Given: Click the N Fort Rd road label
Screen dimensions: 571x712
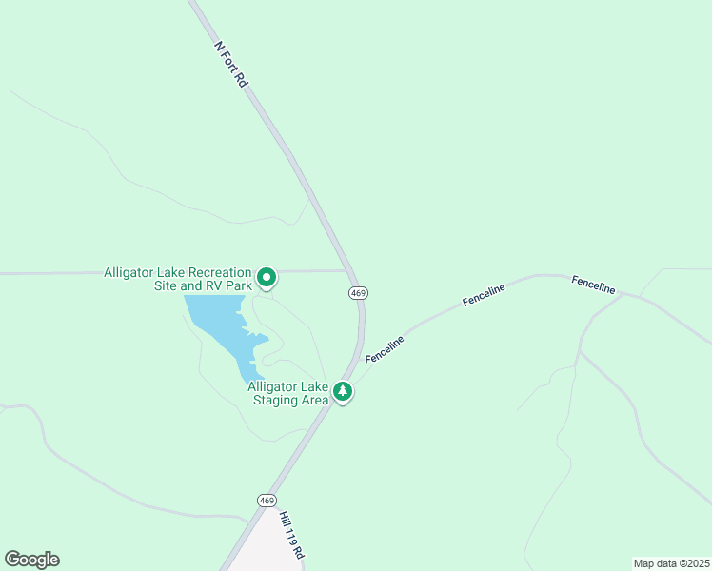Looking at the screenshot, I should point(231,65).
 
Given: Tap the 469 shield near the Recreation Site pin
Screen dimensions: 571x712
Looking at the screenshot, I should point(358,293).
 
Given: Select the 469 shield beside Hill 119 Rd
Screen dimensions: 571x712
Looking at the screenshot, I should point(267,501).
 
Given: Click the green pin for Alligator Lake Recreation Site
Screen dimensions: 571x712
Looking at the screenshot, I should point(267,278).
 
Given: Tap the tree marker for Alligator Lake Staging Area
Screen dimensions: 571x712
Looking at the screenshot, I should point(343,391).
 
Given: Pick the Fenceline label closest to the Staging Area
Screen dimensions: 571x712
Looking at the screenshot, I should point(385,348).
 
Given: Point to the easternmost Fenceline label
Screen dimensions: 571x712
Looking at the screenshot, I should point(593,284).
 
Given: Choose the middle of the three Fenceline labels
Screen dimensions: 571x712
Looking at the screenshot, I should point(484,295).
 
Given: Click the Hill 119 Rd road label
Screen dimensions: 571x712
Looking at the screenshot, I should point(291,535).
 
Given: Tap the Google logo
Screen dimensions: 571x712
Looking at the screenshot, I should point(31,560).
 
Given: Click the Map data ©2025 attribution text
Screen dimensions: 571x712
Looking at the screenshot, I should point(671,563).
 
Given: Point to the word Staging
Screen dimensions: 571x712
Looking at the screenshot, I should point(274,400).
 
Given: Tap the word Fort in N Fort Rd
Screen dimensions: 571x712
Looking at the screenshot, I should point(232,66).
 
